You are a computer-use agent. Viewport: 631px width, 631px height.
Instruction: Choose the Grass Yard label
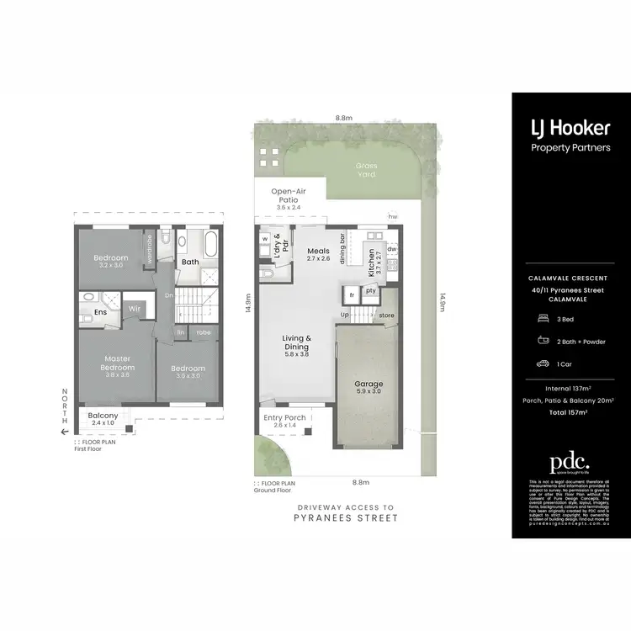pos(365,170)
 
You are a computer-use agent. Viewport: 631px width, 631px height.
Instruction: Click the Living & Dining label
pos(297,342)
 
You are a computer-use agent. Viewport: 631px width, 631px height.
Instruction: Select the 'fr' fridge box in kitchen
pos(352,295)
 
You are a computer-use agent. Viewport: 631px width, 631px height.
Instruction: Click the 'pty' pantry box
pos(370,291)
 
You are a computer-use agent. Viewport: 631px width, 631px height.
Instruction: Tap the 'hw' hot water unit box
pos(392,216)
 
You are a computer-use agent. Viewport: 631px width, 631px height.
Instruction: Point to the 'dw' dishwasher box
pos(392,249)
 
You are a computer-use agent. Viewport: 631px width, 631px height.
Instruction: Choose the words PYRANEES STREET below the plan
pos(346,519)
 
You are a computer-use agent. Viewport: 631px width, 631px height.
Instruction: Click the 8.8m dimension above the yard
pos(342,118)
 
